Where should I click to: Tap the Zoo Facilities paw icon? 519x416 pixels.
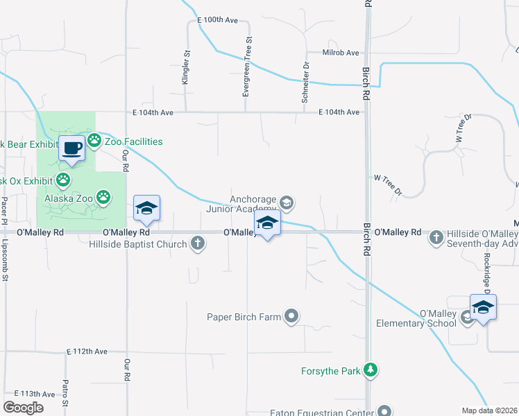tap(94, 141)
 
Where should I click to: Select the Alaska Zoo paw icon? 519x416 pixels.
tap(104, 198)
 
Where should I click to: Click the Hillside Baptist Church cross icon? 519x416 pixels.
tap(198, 243)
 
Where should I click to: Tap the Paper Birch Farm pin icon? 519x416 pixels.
tap(292, 317)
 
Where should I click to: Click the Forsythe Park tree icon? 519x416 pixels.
tap(372, 370)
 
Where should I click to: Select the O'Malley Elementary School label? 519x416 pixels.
tap(416, 318)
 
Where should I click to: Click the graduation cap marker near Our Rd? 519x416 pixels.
tap(146, 207)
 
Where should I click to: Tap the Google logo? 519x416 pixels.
tap(23, 408)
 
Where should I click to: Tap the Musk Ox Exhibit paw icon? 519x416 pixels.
tap(63, 180)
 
